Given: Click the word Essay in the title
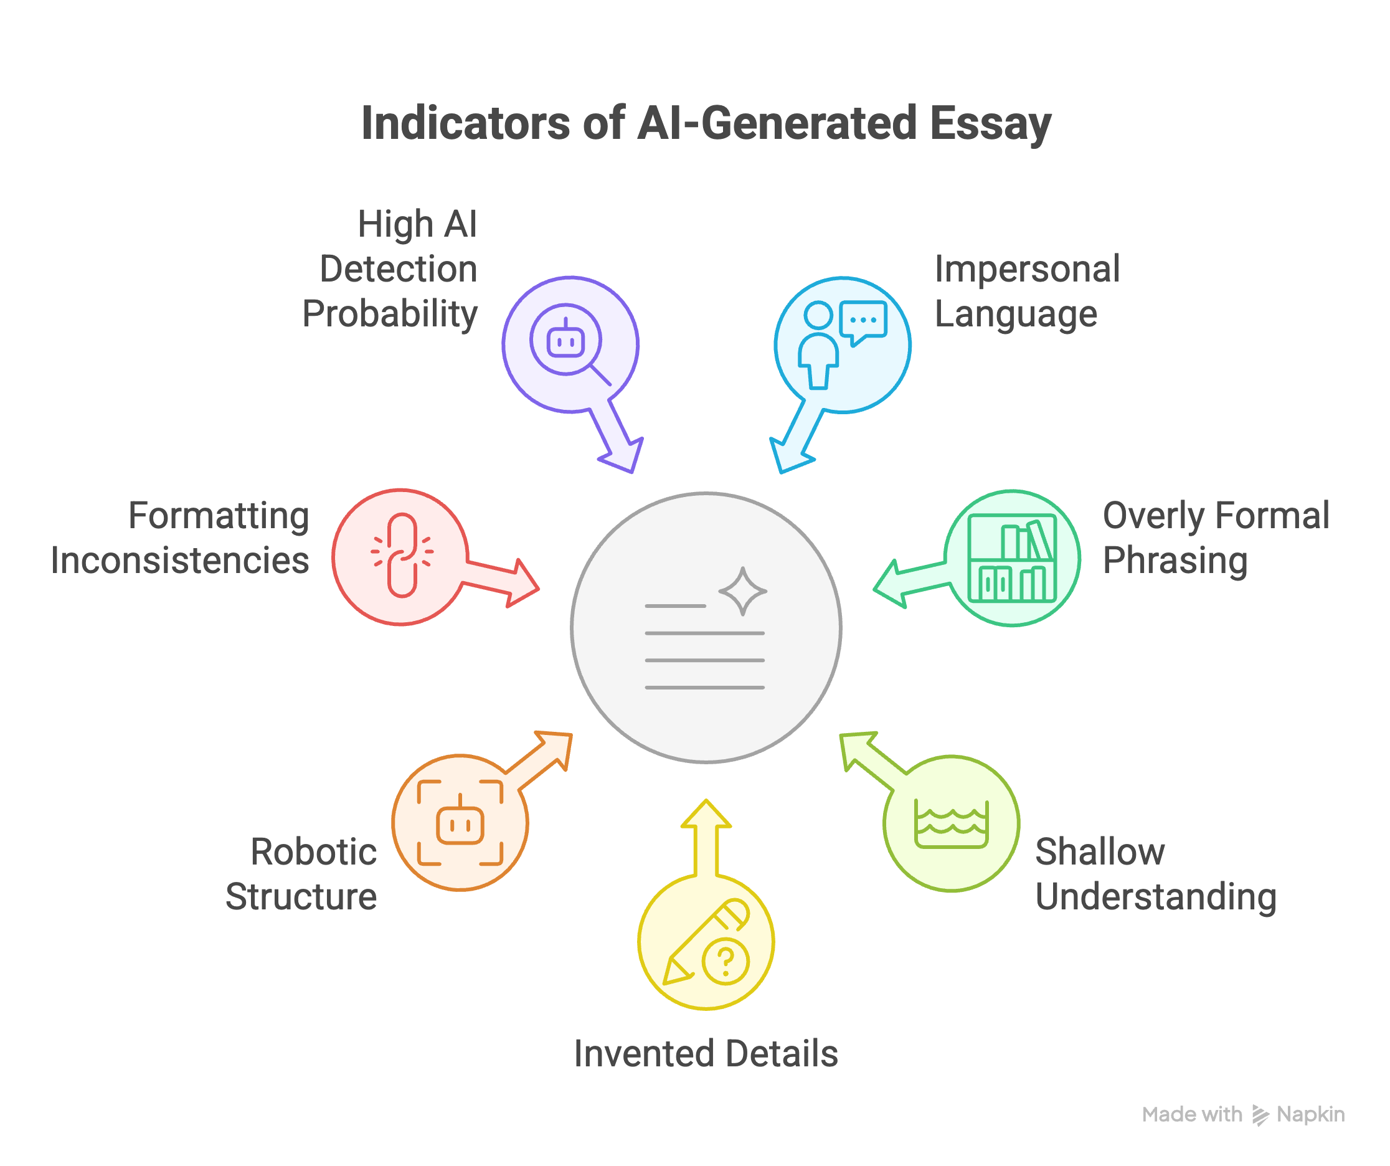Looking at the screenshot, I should click(990, 124).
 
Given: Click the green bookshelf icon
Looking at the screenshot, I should click(1011, 558).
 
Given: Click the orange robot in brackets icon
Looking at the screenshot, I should click(460, 823).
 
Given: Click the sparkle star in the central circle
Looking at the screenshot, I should click(743, 591).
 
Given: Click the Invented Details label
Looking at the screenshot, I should click(706, 1053).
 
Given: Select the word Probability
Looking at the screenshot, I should click(390, 314).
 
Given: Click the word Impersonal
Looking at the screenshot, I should click(1026, 269).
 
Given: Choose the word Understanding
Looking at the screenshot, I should click(1156, 896).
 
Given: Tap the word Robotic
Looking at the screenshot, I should click(313, 851).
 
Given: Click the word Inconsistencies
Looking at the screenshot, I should click(180, 560).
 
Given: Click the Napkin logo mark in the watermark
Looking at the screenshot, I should click(1260, 1115).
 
